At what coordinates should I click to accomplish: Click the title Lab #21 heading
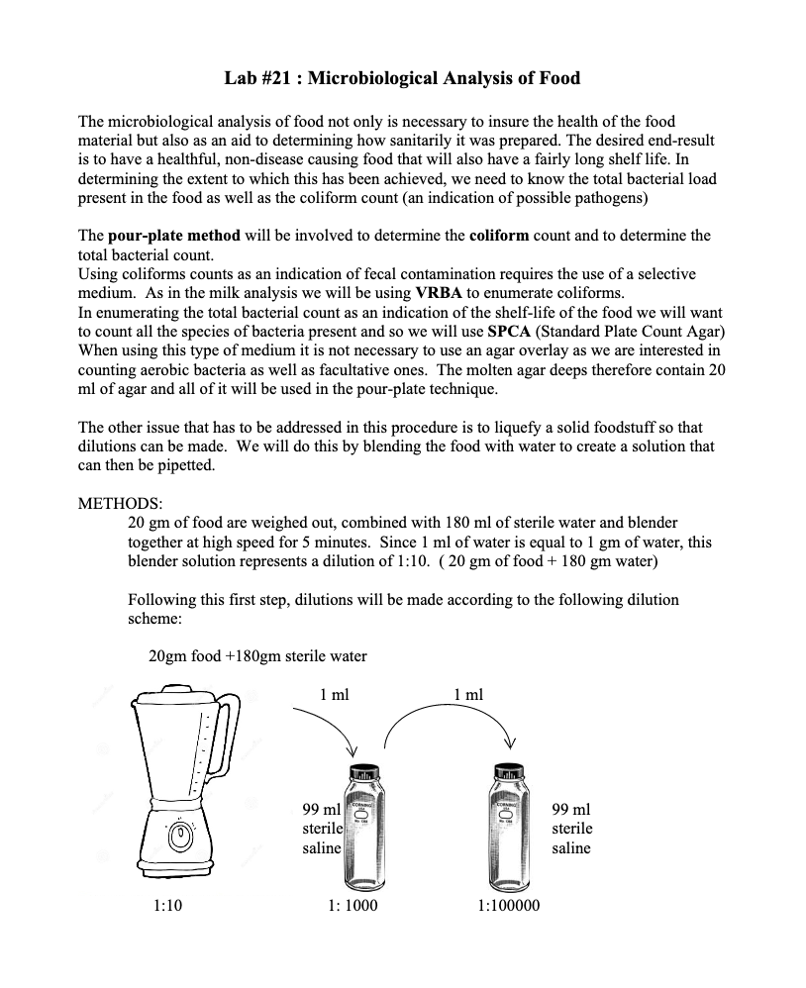pos(402,77)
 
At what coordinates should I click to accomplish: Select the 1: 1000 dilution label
pos(352,905)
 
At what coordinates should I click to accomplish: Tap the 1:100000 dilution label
pos(509,905)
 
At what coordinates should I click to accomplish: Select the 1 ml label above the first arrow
pos(335,695)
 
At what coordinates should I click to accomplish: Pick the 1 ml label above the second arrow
pos(468,695)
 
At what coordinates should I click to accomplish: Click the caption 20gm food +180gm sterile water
pos(257,656)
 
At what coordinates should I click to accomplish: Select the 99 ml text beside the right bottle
pos(571,809)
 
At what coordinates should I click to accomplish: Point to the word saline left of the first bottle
pos(321,848)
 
